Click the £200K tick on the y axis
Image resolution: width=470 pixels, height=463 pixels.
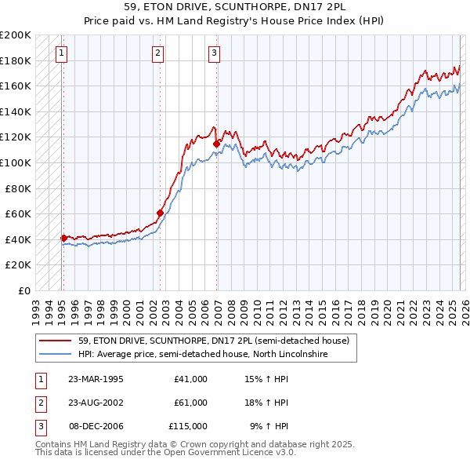(16, 35)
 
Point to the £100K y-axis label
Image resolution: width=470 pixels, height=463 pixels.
(16, 162)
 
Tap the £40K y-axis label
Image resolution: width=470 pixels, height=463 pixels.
(19, 239)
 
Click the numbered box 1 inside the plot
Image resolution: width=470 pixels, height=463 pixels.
(62, 53)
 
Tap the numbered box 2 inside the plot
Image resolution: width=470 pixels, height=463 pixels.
(158, 53)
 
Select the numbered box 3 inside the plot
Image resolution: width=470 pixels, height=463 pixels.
(214, 53)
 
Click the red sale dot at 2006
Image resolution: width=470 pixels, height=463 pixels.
(216, 144)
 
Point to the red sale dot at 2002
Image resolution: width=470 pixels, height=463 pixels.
(160, 213)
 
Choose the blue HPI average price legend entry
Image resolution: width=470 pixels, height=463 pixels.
(202, 355)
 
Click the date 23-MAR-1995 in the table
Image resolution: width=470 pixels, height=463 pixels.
(96, 379)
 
